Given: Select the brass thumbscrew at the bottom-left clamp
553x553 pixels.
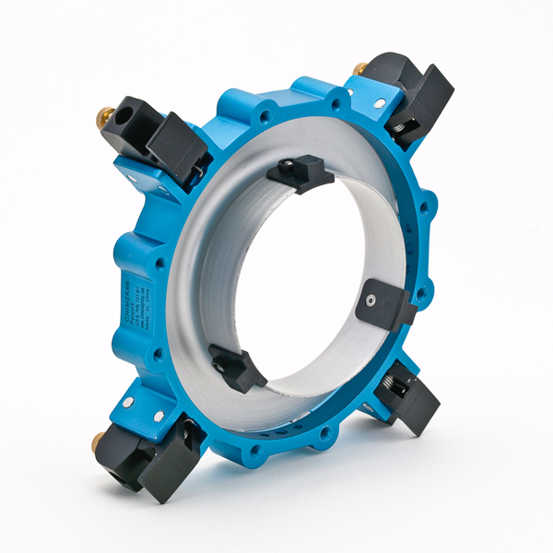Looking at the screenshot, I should (99, 443).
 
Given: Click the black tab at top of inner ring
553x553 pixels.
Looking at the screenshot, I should (302, 172).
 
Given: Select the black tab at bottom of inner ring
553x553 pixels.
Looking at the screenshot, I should (238, 366).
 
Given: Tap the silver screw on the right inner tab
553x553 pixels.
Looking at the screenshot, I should (371, 301).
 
